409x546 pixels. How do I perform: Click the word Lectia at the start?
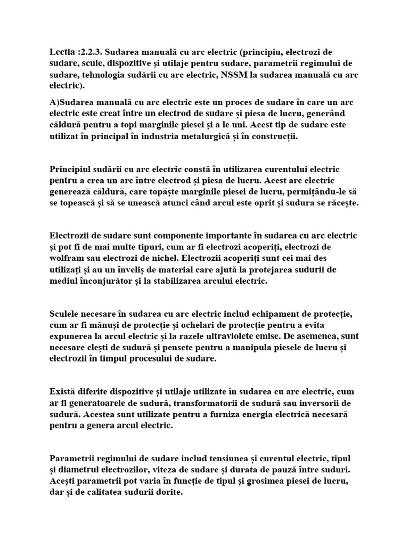coord(62,52)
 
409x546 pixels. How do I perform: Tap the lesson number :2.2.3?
coord(91,52)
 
